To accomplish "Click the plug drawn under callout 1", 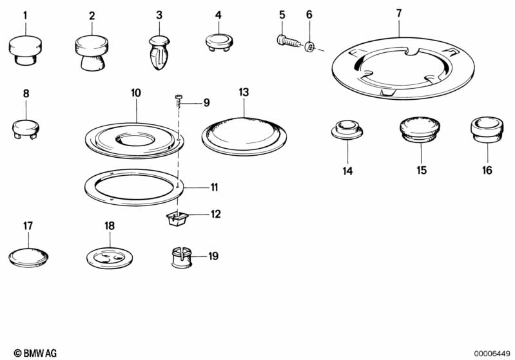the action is (25, 50).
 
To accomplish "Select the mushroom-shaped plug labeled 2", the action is (92, 53).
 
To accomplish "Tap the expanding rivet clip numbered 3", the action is (159, 53).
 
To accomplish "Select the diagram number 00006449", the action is (492, 354).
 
